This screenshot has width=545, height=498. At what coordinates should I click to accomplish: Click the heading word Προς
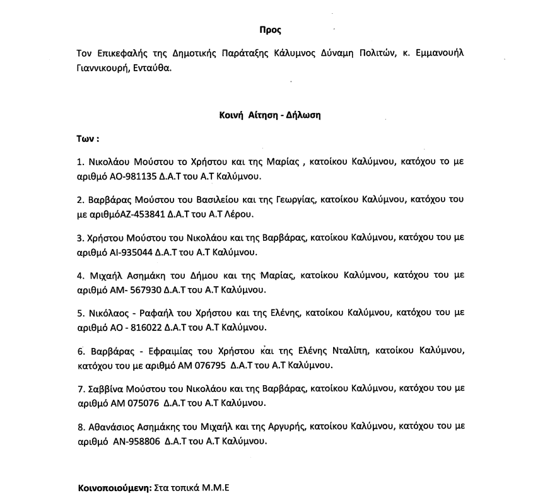pyautogui.click(x=270, y=30)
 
